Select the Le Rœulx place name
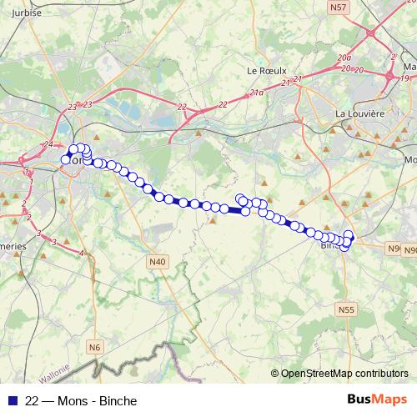tap(265, 71)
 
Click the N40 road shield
tap(157, 262)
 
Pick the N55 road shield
tap(347, 309)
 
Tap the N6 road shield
tap(95, 346)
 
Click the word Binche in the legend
tap(118, 401)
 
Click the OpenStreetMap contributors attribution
tap(344, 374)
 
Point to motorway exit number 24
tap(48, 145)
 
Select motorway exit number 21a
tap(257, 93)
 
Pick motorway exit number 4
tap(81, 252)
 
